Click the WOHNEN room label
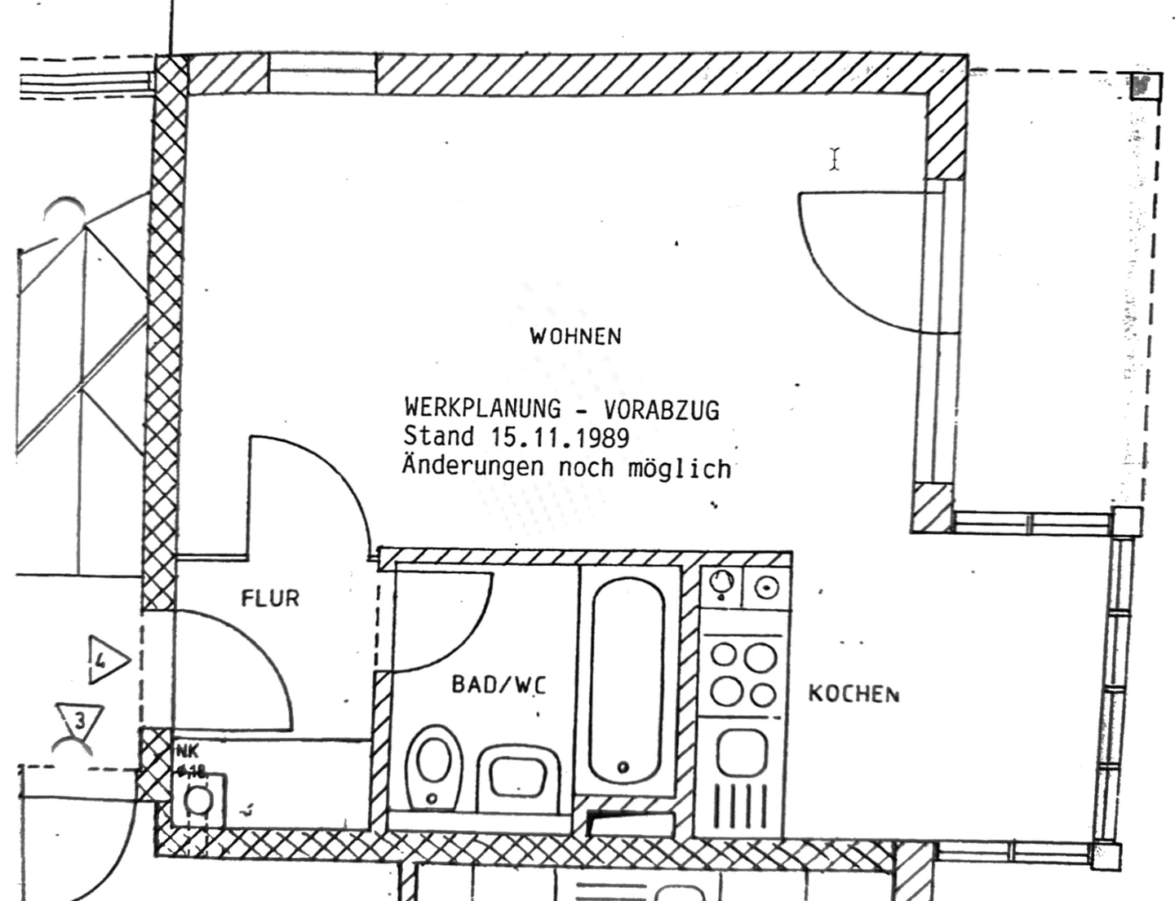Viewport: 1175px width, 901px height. [x=575, y=336]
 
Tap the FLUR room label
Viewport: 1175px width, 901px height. [x=270, y=598]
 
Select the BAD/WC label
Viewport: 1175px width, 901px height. [x=499, y=684]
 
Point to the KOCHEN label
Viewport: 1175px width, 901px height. [x=854, y=694]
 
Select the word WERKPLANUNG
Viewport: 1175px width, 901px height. [x=482, y=408]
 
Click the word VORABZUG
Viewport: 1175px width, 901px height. [x=661, y=409]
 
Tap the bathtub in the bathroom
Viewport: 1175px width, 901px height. [x=626, y=680]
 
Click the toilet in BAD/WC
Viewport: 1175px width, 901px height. [x=433, y=766]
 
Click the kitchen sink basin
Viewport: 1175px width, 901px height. [x=742, y=753]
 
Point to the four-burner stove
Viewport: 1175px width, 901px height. [x=743, y=674]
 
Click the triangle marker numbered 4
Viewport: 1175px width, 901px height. [x=106, y=660]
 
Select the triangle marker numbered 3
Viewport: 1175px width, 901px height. [x=80, y=720]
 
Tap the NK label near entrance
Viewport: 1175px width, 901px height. [x=186, y=753]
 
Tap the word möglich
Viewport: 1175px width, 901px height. [x=679, y=469]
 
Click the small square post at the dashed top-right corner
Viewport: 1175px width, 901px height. [x=1145, y=85]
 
